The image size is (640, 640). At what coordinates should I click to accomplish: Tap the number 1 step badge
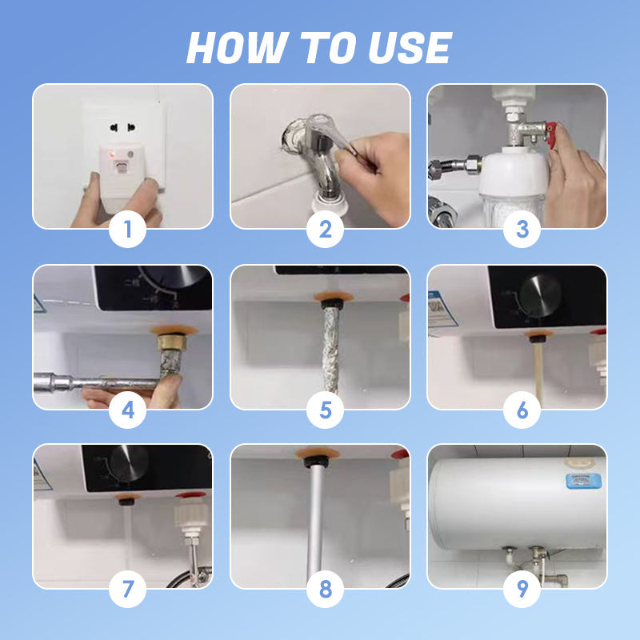click(x=128, y=231)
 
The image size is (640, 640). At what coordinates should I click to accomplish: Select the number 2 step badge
click(x=325, y=231)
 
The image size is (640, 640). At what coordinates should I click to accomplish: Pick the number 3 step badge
click(x=522, y=231)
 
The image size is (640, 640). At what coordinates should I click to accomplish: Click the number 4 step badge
click(x=128, y=411)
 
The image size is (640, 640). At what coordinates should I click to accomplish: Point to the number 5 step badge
click(x=325, y=411)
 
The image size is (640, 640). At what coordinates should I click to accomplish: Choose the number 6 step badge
click(x=522, y=411)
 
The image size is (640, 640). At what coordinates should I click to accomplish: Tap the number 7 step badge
click(x=128, y=591)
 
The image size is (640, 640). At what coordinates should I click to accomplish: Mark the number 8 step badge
click(x=325, y=591)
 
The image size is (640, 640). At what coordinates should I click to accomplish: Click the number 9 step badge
click(x=522, y=591)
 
